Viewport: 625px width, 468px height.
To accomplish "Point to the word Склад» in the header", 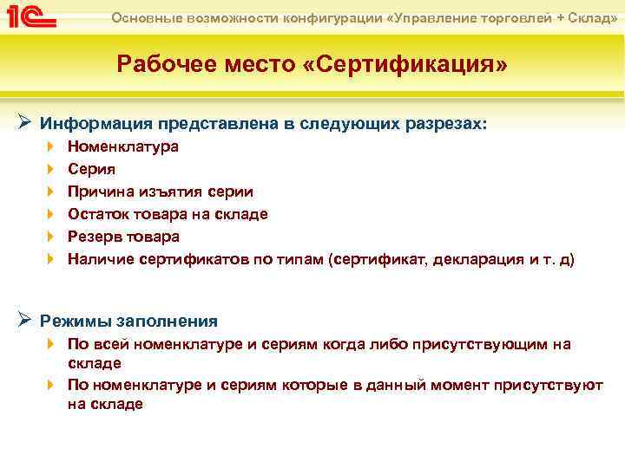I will click(595, 18).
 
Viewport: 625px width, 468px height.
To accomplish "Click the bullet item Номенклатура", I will click(123, 146).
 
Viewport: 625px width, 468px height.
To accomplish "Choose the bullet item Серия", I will click(91, 169).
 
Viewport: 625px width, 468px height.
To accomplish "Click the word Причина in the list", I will click(102, 192).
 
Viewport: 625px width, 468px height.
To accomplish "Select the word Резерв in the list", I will click(95, 237).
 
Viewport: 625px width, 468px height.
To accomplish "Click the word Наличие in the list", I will click(102, 259).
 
